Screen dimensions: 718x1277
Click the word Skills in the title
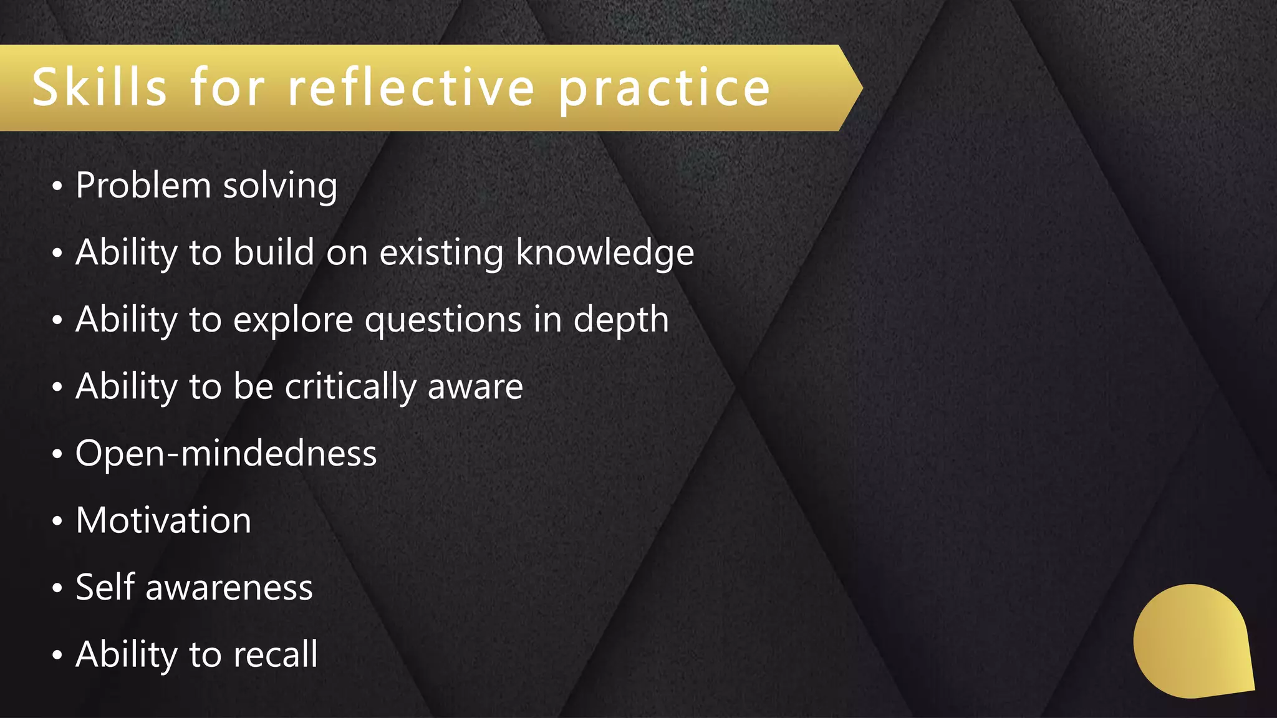(x=99, y=87)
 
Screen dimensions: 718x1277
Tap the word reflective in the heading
(x=411, y=87)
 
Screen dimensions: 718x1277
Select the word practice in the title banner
(x=665, y=89)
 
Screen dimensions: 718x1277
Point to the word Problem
(x=143, y=186)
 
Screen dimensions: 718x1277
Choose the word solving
(x=280, y=186)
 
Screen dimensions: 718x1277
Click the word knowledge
(x=605, y=252)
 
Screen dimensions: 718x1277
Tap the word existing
(x=441, y=252)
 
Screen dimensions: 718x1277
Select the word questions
(x=443, y=320)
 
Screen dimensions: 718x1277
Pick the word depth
(x=620, y=320)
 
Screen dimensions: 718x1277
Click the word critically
(x=350, y=387)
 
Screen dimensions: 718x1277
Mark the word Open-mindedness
(x=226, y=453)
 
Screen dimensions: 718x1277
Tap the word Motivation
(x=163, y=520)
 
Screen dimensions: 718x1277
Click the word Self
(x=105, y=587)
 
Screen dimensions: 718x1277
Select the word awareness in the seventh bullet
(x=229, y=588)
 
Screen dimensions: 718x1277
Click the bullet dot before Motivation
(x=57, y=521)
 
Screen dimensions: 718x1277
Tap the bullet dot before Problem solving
(x=57, y=186)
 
